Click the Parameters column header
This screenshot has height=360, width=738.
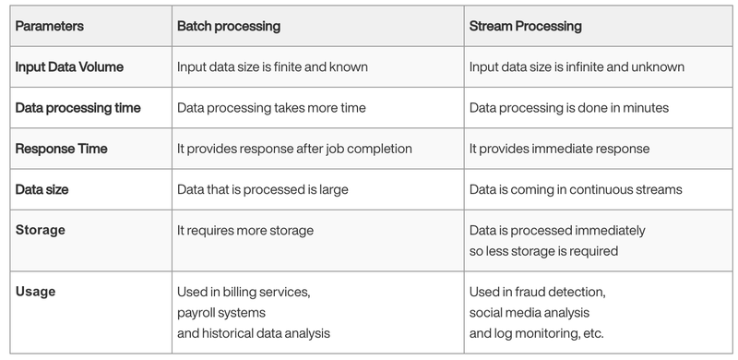(x=50, y=26)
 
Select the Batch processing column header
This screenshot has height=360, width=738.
(x=229, y=26)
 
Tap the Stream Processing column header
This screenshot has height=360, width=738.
(x=525, y=26)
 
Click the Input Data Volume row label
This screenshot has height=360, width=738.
(x=69, y=66)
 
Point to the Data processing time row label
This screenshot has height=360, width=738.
(x=78, y=108)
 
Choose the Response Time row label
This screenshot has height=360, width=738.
(x=61, y=149)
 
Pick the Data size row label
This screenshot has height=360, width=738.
(x=42, y=189)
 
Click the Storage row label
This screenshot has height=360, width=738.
(x=41, y=231)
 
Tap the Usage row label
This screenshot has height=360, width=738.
(x=35, y=292)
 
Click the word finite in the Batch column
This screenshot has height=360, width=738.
(x=288, y=66)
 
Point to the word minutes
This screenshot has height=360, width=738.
(x=646, y=108)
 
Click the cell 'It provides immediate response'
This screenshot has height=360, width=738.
(x=559, y=149)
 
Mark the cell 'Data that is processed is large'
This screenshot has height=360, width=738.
(x=263, y=189)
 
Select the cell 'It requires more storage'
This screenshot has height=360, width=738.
(x=245, y=231)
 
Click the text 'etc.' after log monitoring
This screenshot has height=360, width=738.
(x=593, y=333)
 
